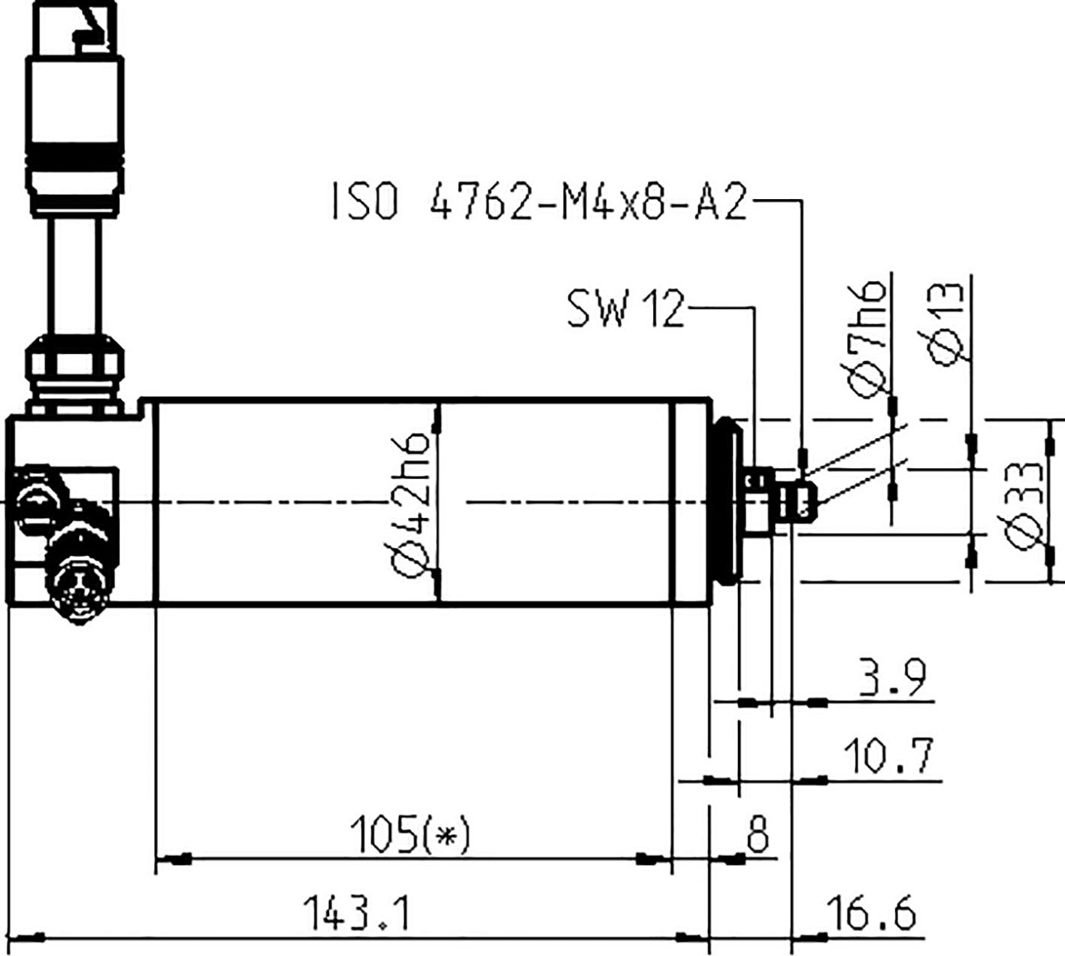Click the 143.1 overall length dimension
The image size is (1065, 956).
click(356, 913)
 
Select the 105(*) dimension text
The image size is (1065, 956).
click(410, 833)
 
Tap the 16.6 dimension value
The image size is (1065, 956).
click(872, 914)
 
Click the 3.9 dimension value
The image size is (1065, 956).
click(893, 678)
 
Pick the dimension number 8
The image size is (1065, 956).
click(758, 833)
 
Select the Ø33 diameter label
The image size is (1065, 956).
click(1025, 505)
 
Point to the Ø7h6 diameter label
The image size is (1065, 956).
click(869, 335)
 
